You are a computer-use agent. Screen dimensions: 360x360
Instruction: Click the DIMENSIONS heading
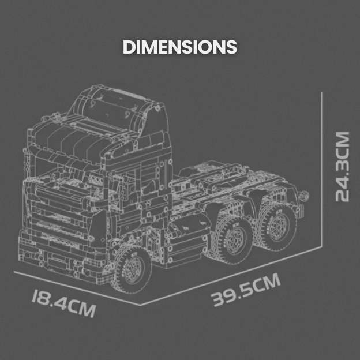click(179, 47)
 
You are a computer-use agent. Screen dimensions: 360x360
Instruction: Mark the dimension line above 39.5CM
click(231, 275)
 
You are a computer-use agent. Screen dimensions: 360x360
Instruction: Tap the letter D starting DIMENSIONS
click(129, 47)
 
